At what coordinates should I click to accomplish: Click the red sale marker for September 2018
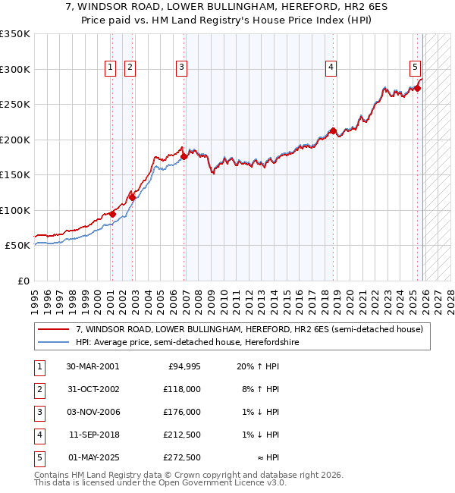coord(333,131)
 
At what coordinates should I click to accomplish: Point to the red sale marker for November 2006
coord(184,157)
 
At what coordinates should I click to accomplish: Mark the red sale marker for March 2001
coord(112,214)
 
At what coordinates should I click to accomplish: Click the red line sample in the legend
coord(53,329)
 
